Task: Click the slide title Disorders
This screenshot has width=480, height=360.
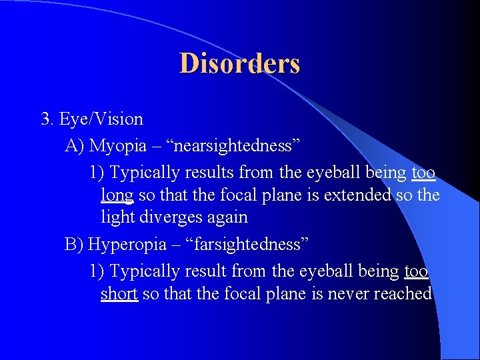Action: pos(239,64)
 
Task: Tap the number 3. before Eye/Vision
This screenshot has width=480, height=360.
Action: pos(47,119)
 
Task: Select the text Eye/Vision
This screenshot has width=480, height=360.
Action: pos(101,119)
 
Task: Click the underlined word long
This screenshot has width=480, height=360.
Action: pos(117,195)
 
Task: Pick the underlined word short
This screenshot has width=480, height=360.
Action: pos(119,294)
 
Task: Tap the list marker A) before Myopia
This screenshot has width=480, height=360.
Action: pos(75,145)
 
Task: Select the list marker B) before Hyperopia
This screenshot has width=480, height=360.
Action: pos(74,244)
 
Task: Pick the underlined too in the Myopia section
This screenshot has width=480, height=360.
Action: pos(423,173)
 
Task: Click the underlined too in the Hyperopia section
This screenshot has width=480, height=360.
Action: pos(416,271)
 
